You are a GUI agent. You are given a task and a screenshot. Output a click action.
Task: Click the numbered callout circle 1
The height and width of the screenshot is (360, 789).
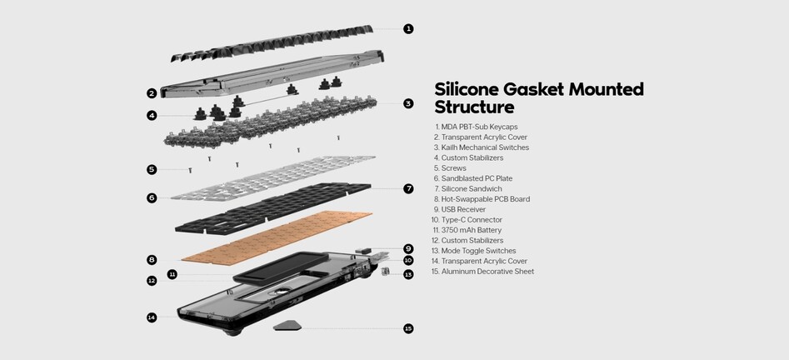(x=408, y=28)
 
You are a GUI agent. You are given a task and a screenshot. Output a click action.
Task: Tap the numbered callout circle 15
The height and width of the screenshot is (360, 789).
(x=408, y=329)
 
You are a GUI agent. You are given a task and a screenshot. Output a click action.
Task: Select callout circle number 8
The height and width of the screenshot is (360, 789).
(x=152, y=260)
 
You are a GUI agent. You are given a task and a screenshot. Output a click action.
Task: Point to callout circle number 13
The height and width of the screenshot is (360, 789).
(x=408, y=275)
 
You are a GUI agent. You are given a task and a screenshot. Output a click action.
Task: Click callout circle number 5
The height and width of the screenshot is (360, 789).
(x=152, y=170)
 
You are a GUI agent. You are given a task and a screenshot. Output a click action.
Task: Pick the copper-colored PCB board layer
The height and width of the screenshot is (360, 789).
(x=277, y=237)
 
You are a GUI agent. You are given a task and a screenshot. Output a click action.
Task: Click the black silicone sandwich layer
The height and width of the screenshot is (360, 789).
(x=273, y=208)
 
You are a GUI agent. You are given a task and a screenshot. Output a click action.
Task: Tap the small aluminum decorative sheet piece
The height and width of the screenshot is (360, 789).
(x=287, y=325)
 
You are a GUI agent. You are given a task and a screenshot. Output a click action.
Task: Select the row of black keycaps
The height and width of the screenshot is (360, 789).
(x=272, y=42)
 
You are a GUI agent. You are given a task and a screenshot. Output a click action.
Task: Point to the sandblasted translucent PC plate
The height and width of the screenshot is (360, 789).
(x=273, y=178)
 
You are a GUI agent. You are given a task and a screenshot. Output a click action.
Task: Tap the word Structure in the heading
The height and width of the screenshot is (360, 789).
(x=475, y=107)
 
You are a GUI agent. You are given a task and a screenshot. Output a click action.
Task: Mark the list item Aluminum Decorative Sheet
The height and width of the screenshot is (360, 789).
(x=483, y=272)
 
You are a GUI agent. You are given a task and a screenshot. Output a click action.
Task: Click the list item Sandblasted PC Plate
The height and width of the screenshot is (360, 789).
(x=473, y=178)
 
